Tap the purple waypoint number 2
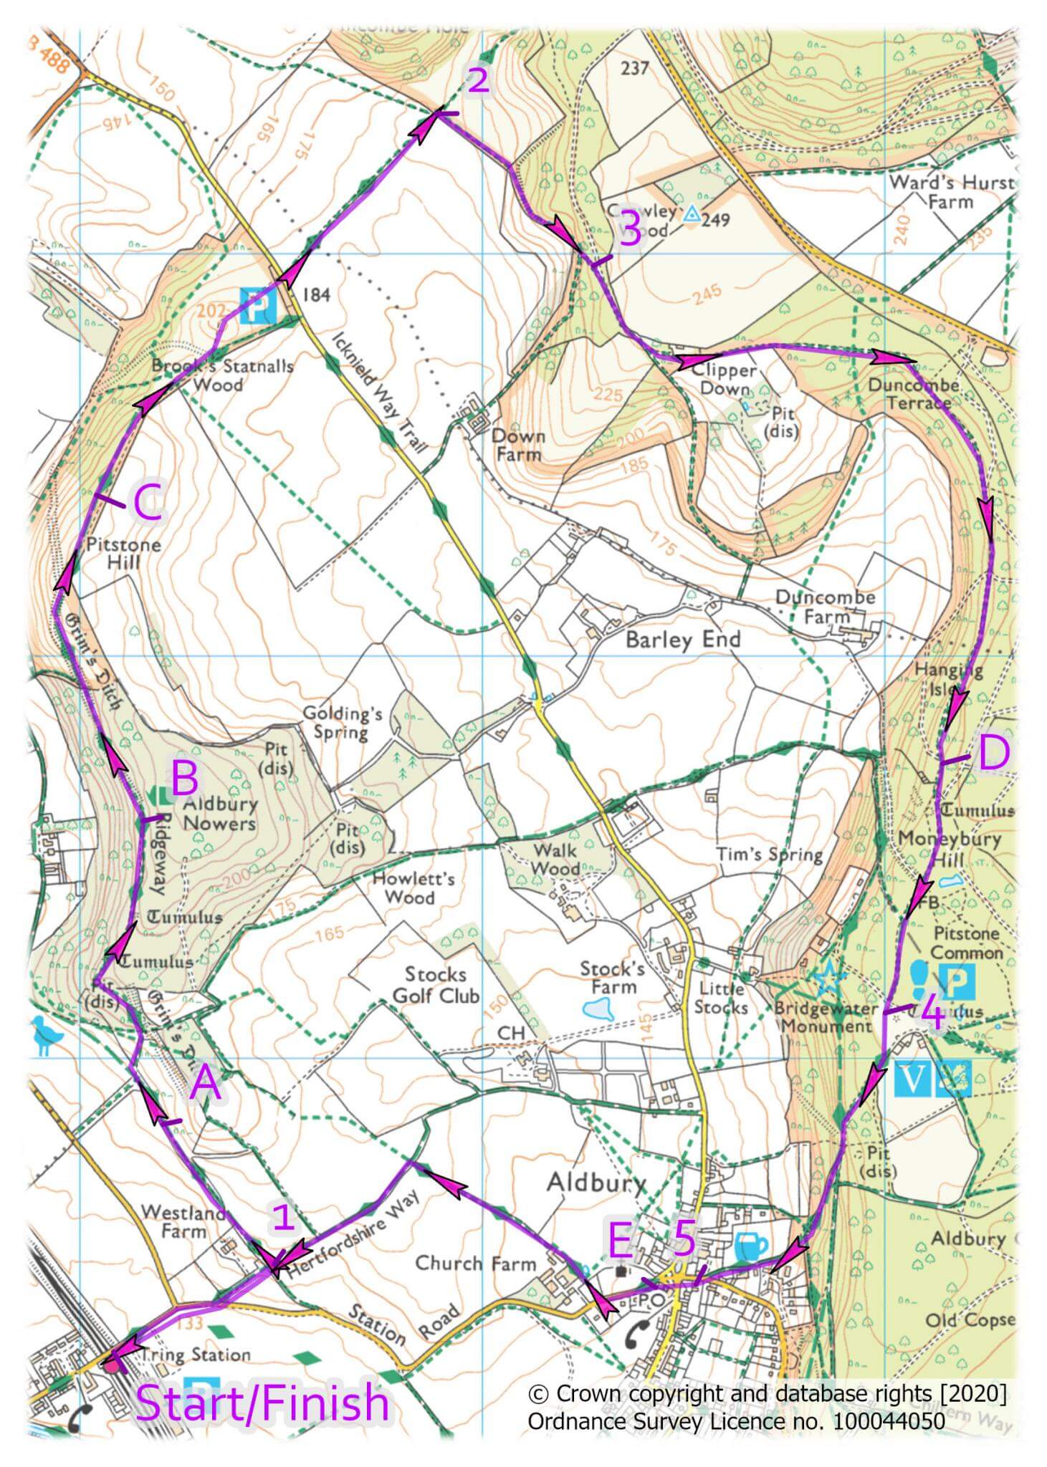point(478,81)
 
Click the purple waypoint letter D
point(994,754)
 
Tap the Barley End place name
point(682,639)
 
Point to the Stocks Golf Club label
point(436,985)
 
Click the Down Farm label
point(518,445)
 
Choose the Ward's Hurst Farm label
point(952,192)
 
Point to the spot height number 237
point(635,69)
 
